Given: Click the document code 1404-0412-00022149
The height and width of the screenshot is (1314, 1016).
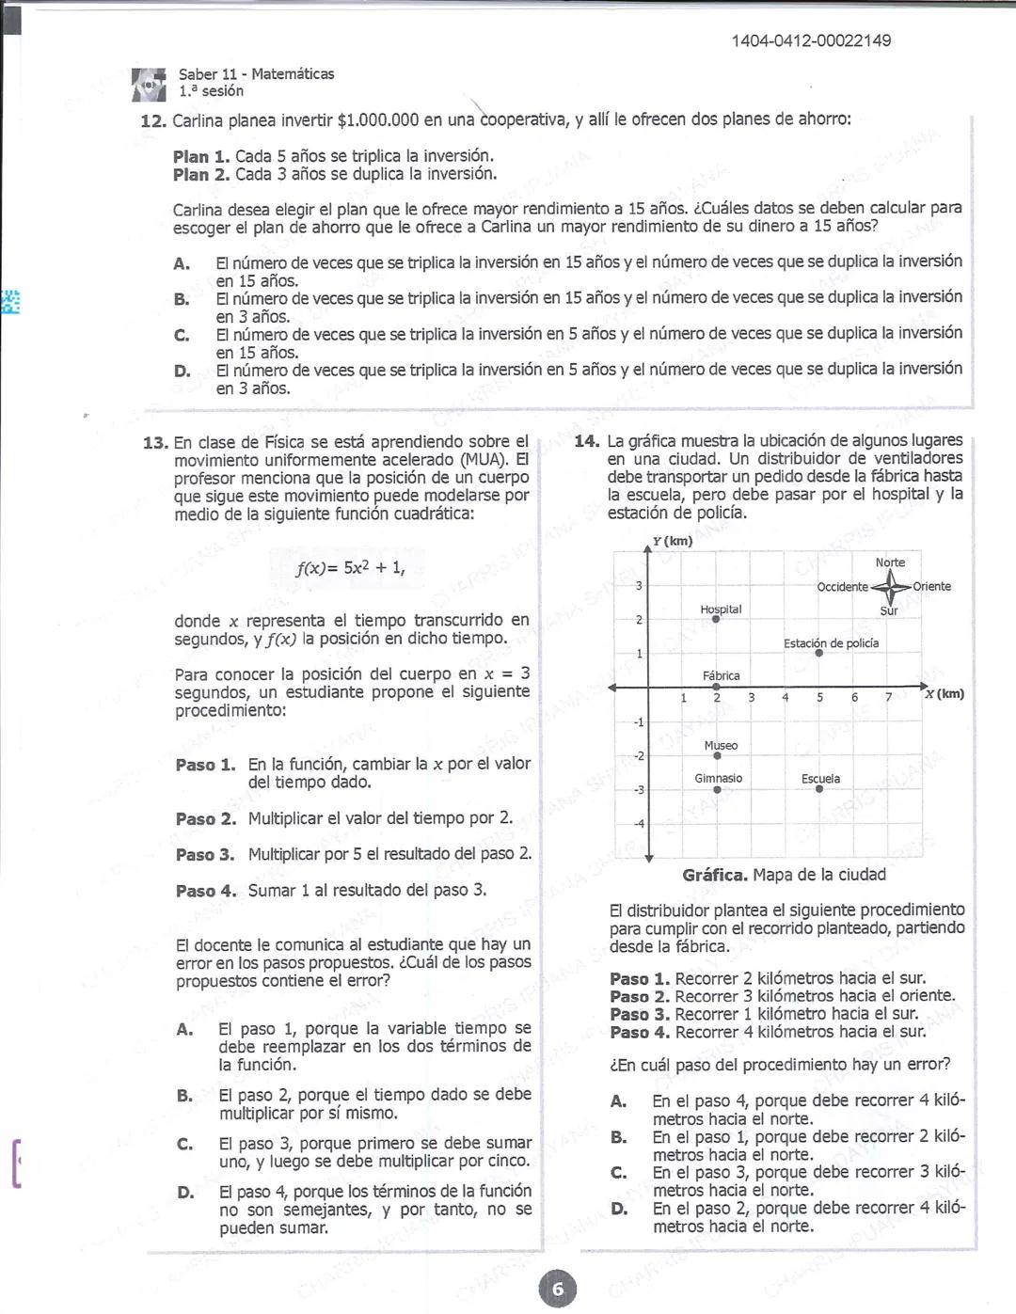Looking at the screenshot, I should pos(811,40).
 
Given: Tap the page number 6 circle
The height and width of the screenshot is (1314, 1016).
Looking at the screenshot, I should pos(557,1289).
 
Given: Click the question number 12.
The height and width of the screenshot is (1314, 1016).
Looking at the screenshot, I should pos(153,120).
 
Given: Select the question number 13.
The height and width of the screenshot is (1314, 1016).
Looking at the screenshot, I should pos(155,442).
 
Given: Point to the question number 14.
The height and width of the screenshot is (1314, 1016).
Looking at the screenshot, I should pos(586,441).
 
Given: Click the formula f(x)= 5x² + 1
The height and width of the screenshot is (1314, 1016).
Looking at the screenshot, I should pos(350,567).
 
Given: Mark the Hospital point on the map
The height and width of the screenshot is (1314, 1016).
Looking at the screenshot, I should pos(716,619).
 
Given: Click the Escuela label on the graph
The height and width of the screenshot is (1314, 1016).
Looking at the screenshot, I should pos(820,779).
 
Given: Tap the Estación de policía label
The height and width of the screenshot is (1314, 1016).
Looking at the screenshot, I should pos(831,643).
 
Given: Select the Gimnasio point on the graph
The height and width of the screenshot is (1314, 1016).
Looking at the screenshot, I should pos(717,790).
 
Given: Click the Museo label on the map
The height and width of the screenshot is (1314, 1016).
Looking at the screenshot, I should pos(721,746).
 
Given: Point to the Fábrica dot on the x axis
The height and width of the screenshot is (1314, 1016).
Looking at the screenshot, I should pos(716,688).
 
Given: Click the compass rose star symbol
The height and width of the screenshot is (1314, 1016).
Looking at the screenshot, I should pos(889,587).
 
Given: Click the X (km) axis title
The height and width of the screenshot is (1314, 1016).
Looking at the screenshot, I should pos(944,694).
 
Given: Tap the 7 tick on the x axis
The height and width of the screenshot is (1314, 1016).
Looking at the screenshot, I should pos(888,698).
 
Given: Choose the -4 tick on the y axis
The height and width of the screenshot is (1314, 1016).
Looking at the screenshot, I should pos(639,824).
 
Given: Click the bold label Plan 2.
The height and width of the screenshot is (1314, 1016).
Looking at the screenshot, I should pos(201,175).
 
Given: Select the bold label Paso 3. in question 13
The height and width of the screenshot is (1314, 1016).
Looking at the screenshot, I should pos(205,855).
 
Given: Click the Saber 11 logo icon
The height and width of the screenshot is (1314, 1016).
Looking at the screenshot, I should pos(149,84).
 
